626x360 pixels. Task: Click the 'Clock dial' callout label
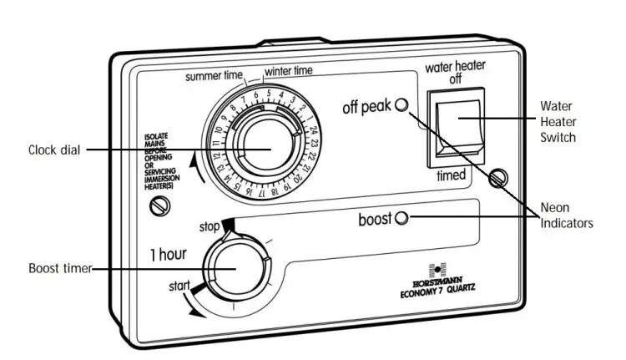coord(55,150)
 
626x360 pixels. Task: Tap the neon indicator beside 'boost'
coord(401,219)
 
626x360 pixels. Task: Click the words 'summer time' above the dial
coord(214,76)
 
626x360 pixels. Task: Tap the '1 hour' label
coord(168,253)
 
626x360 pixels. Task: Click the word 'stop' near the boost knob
coord(209,226)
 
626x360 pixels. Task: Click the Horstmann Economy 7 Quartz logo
coord(431,281)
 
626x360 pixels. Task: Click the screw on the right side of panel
coord(500,176)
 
